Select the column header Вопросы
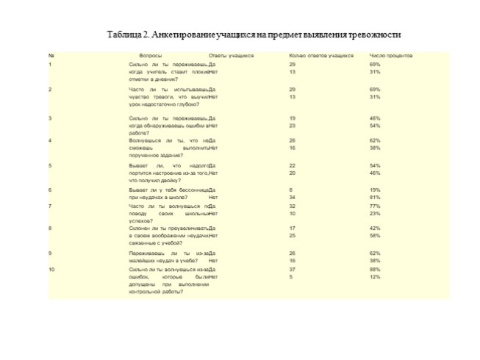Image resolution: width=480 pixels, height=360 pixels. (x=151, y=56)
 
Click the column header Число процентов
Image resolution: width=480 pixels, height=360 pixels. (x=390, y=56)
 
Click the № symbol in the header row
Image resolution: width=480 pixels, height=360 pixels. (x=51, y=56)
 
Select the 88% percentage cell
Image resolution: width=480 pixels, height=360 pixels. (x=375, y=270)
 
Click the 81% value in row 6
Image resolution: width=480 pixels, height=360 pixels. (x=375, y=197)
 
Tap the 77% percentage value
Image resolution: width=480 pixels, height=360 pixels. (x=375, y=206)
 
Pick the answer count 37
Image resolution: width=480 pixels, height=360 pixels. (x=293, y=270)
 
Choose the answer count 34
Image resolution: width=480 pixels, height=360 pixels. (x=293, y=197)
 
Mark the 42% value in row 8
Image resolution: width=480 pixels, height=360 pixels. (x=375, y=228)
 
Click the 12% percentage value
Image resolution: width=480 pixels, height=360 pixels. (x=375, y=277)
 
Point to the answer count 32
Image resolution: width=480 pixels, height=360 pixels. (x=293, y=206)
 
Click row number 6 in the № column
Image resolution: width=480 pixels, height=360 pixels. (x=50, y=190)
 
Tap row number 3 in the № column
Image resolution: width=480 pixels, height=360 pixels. (x=50, y=118)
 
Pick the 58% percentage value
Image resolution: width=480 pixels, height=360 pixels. (x=375, y=236)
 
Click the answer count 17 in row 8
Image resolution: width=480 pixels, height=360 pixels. (x=293, y=228)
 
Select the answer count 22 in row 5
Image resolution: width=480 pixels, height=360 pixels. (x=293, y=166)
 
